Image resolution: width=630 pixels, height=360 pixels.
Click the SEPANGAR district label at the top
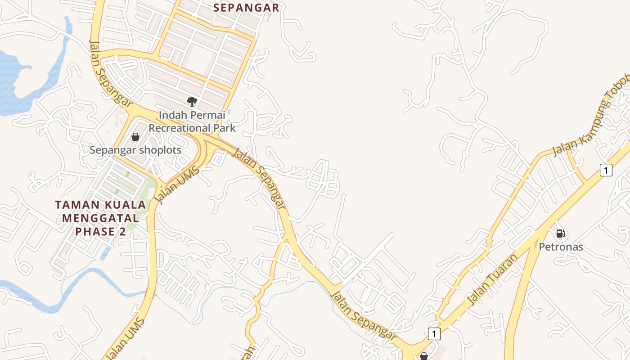coord(246,8)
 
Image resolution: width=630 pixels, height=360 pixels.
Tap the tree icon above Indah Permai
coord(192,102)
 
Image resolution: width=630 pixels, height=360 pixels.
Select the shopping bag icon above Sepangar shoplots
coord(135,137)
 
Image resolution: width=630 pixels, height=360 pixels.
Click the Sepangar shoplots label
coord(135,150)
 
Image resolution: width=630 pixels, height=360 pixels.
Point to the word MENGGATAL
coord(100,218)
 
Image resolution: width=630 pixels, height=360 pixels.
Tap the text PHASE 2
coord(101,232)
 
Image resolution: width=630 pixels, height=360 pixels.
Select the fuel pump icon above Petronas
coord(560,234)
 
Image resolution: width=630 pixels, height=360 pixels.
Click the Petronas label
coord(561,247)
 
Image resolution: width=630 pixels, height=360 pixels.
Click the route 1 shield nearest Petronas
coord(606,170)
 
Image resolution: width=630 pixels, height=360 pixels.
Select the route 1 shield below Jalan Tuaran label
coord(433,333)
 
